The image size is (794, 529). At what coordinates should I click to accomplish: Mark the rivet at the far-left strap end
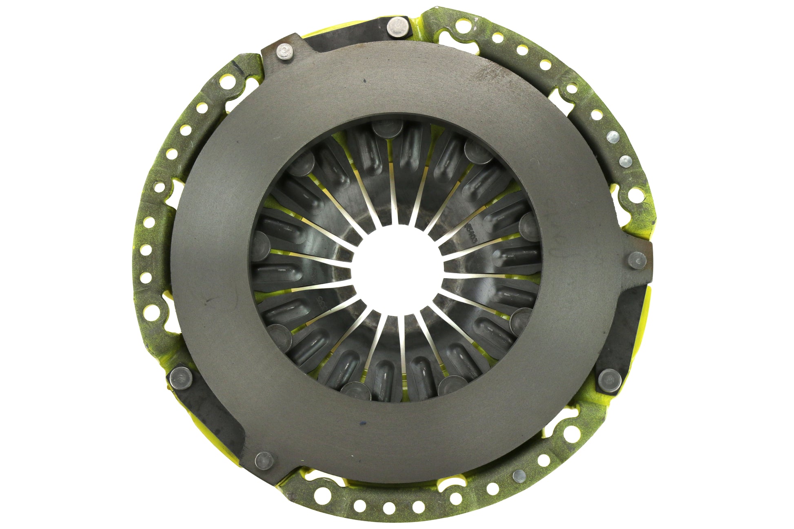pyautogui.click(x=178, y=375)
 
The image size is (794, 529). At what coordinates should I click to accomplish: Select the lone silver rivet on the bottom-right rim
pyautogui.click(x=519, y=474)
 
